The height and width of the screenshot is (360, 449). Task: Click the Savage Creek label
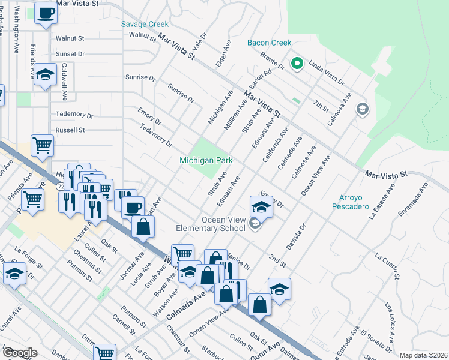tap(145, 25)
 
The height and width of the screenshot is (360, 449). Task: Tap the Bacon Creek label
tap(269, 43)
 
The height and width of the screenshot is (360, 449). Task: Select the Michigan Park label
tap(206, 160)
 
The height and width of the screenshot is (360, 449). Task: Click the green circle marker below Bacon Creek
tap(295, 63)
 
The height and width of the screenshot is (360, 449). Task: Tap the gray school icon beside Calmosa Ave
tap(362, 109)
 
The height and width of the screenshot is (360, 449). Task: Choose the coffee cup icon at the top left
tap(45, 13)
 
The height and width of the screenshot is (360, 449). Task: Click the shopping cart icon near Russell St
tap(42, 145)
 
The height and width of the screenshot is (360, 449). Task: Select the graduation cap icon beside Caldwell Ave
tap(45, 76)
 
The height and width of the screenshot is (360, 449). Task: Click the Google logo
tap(19, 353)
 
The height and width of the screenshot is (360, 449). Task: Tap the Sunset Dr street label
tap(70, 54)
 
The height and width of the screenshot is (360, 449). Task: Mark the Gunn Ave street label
tap(270, 349)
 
